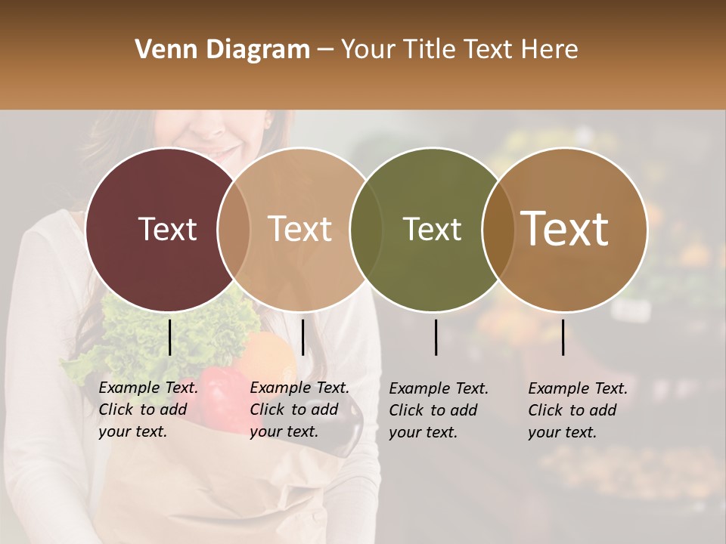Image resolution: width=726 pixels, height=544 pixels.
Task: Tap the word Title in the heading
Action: click(x=429, y=50)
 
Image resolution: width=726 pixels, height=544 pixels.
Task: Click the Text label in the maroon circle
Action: click(x=167, y=229)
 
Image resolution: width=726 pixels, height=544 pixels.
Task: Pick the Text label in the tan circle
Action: click(x=299, y=229)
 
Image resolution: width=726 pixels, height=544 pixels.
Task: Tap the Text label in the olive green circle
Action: click(x=432, y=229)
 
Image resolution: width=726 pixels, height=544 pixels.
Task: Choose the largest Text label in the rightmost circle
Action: click(x=565, y=229)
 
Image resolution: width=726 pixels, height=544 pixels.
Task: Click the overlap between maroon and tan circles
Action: click(x=234, y=229)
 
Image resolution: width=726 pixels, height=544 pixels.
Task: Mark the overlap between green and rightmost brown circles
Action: click(x=498, y=229)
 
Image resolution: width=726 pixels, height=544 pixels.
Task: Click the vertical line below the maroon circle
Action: click(x=170, y=337)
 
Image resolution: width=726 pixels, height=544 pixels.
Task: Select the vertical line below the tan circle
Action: click(x=303, y=337)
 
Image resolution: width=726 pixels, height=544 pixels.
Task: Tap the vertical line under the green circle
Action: click(x=436, y=337)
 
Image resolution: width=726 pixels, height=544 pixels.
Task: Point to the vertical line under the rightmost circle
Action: click(x=563, y=337)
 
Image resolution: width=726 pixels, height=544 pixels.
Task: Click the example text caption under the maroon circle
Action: click(x=147, y=410)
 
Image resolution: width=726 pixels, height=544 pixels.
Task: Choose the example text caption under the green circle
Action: click(x=438, y=410)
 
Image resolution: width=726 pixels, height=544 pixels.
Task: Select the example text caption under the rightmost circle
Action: click(x=577, y=410)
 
